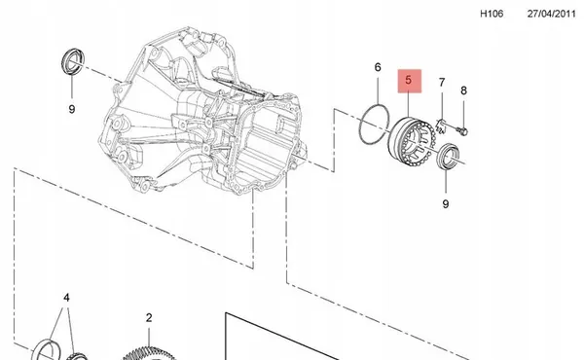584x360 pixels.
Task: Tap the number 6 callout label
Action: point(378,67)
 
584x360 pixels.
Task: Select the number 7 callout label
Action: point(441,83)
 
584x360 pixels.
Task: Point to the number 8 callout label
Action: point(463,90)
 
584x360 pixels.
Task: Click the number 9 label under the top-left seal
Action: point(71,110)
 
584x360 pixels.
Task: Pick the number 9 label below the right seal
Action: point(445,204)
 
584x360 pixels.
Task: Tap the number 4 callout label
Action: point(66,298)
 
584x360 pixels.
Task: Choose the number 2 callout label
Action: point(149,317)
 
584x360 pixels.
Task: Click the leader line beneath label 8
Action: point(464,110)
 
